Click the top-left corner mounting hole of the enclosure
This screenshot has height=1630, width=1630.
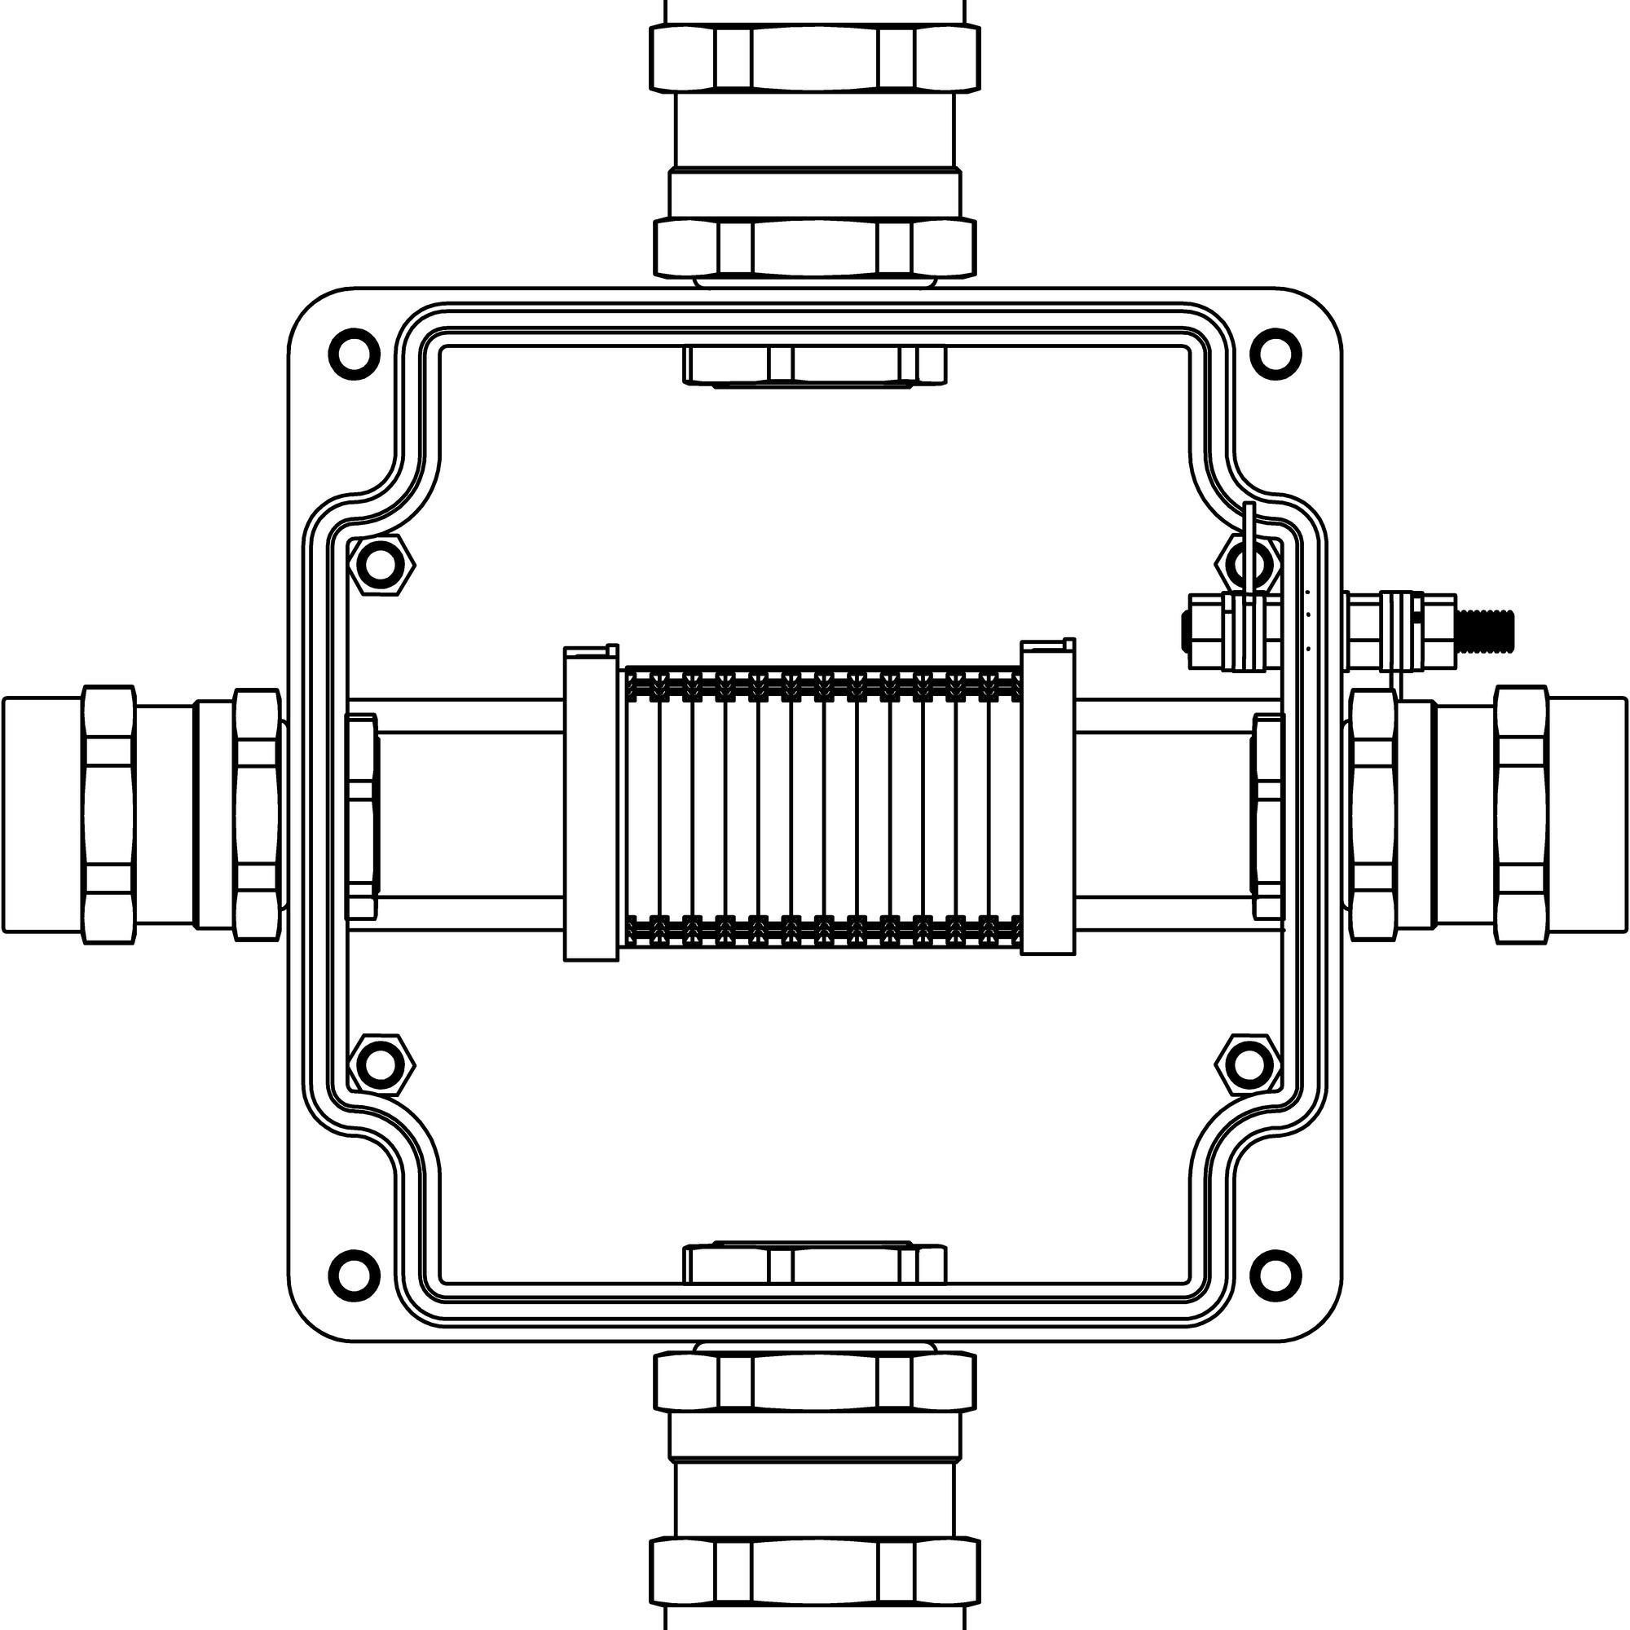coord(354,352)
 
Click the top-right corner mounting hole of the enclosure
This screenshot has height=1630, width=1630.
coord(1275,352)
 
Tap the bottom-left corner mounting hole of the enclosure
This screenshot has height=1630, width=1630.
coord(354,1275)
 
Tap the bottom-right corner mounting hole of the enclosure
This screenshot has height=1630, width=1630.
coord(1275,1275)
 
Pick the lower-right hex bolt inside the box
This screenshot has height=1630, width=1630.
coord(1248,1064)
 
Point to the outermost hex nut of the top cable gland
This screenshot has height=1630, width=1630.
coord(814,57)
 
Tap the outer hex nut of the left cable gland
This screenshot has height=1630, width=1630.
coord(109,814)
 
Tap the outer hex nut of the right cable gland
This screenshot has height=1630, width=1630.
coord(1521,814)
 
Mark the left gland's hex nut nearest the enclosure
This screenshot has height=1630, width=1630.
coord(258,814)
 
